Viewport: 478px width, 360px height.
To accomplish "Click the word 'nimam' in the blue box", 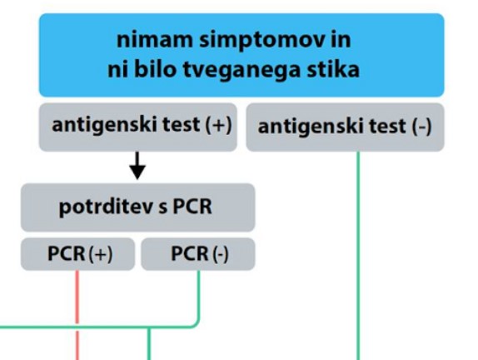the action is click(155, 40).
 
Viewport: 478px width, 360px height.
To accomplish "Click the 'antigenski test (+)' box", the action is click(138, 127).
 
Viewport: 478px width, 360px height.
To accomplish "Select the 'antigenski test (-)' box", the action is click(345, 127).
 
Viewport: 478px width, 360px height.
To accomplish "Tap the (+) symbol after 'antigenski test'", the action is click(218, 125).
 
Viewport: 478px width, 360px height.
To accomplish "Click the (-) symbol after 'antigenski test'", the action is click(422, 127).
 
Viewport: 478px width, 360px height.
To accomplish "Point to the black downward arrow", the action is click(137, 166).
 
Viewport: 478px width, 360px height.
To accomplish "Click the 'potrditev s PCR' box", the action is click(137, 207).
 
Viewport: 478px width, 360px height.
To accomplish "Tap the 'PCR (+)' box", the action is click(77, 254).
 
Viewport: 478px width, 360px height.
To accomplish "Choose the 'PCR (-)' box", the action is click(198, 254).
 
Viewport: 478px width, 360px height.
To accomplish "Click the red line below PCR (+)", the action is click(77, 315).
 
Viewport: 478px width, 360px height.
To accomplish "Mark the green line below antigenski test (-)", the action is click(358, 256).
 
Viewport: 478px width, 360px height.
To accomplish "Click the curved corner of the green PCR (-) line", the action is click(197, 324).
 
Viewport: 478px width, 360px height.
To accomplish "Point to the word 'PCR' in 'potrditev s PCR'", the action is click(192, 207).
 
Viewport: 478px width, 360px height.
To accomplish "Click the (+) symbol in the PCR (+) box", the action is click(101, 254).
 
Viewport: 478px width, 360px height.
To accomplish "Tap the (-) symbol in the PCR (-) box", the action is click(221, 254).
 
